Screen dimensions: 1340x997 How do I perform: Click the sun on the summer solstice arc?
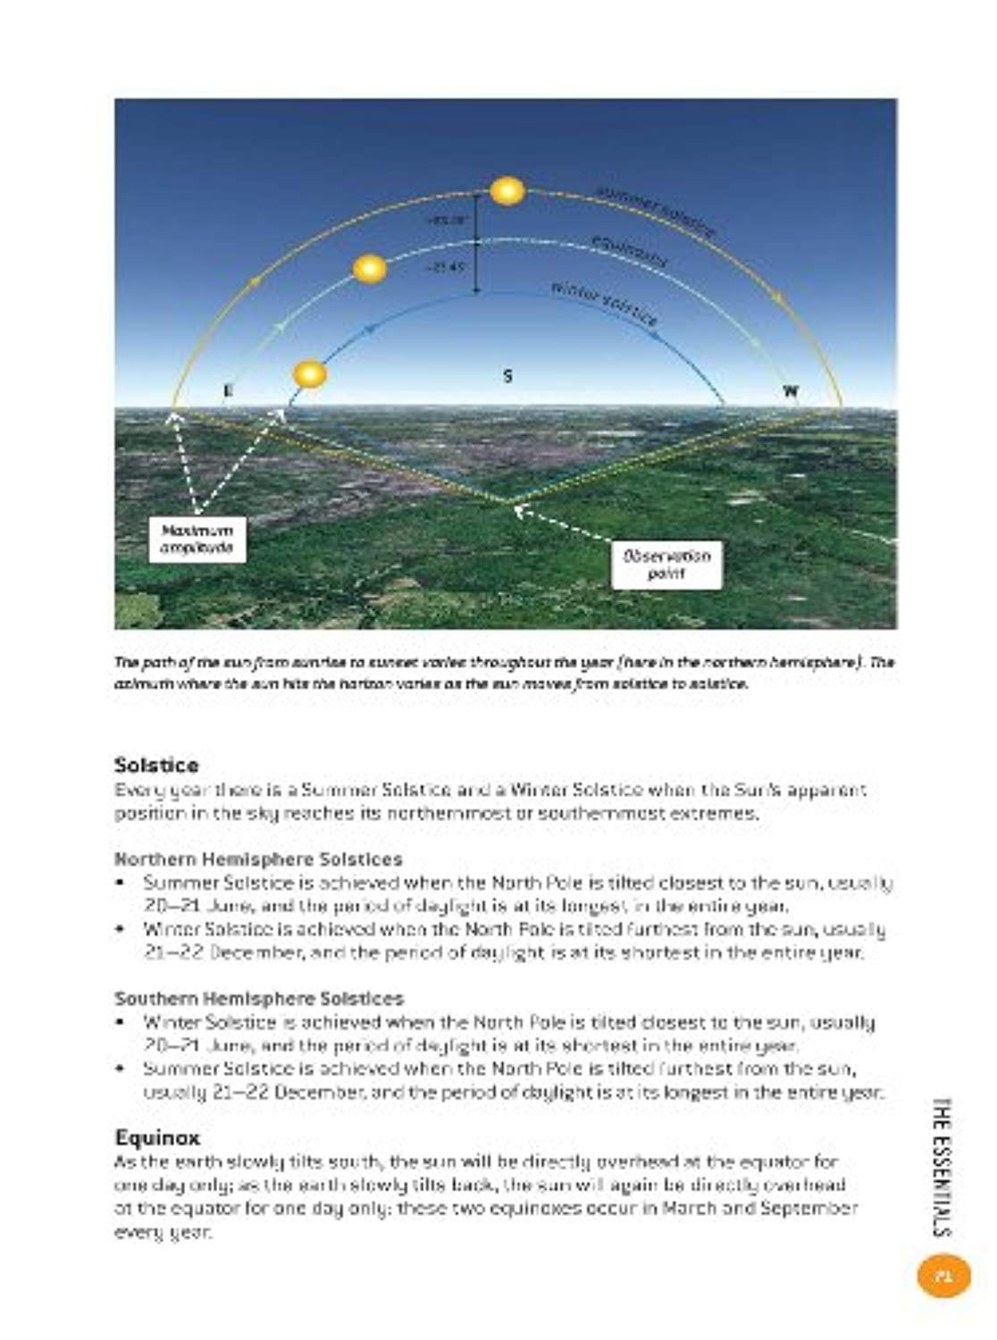(x=507, y=191)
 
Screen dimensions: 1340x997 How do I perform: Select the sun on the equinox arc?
(x=370, y=269)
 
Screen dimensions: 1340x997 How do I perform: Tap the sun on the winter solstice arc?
(x=310, y=374)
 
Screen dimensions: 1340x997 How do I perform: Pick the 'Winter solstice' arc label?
(x=604, y=303)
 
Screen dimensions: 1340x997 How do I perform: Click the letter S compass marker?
(x=507, y=376)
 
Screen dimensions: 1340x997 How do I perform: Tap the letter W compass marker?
(x=791, y=391)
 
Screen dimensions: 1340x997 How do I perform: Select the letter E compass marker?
(x=228, y=390)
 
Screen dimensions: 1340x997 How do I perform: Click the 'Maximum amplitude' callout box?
(x=197, y=540)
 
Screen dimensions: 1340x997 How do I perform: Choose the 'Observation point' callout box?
(x=666, y=565)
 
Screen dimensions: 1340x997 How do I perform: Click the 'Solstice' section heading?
(x=156, y=765)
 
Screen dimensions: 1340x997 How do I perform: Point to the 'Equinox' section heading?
(x=157, y=1137)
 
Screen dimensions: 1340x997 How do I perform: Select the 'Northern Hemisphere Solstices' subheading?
(x=258, y=858)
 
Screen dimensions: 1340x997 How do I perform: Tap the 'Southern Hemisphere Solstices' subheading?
(x=259, y=998)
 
